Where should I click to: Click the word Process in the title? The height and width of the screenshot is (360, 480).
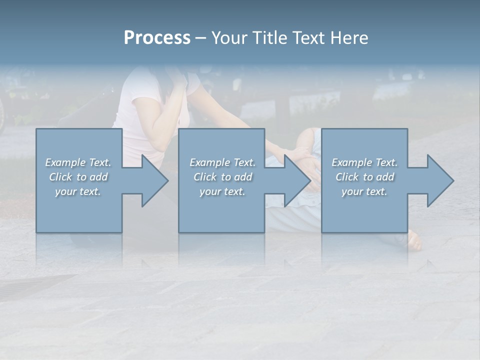(157, 38)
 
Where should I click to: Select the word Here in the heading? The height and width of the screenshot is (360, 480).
(349, 38)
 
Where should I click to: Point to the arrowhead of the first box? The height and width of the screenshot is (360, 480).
(152, 180)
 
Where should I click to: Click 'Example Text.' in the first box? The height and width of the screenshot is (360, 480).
(78, 162)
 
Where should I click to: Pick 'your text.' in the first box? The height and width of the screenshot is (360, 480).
(78, 191)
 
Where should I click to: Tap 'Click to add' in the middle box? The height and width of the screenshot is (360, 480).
(222, 177)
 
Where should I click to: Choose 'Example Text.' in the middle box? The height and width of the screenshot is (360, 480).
(222, 162)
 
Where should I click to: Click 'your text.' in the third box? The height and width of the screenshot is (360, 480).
(364, 191)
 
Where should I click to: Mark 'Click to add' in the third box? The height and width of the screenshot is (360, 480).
(365, 177)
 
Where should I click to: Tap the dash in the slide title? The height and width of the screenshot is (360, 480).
(200, 38)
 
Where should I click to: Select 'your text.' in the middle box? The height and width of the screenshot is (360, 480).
(222, 191)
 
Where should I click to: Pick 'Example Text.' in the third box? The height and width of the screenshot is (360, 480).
(364, 162)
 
